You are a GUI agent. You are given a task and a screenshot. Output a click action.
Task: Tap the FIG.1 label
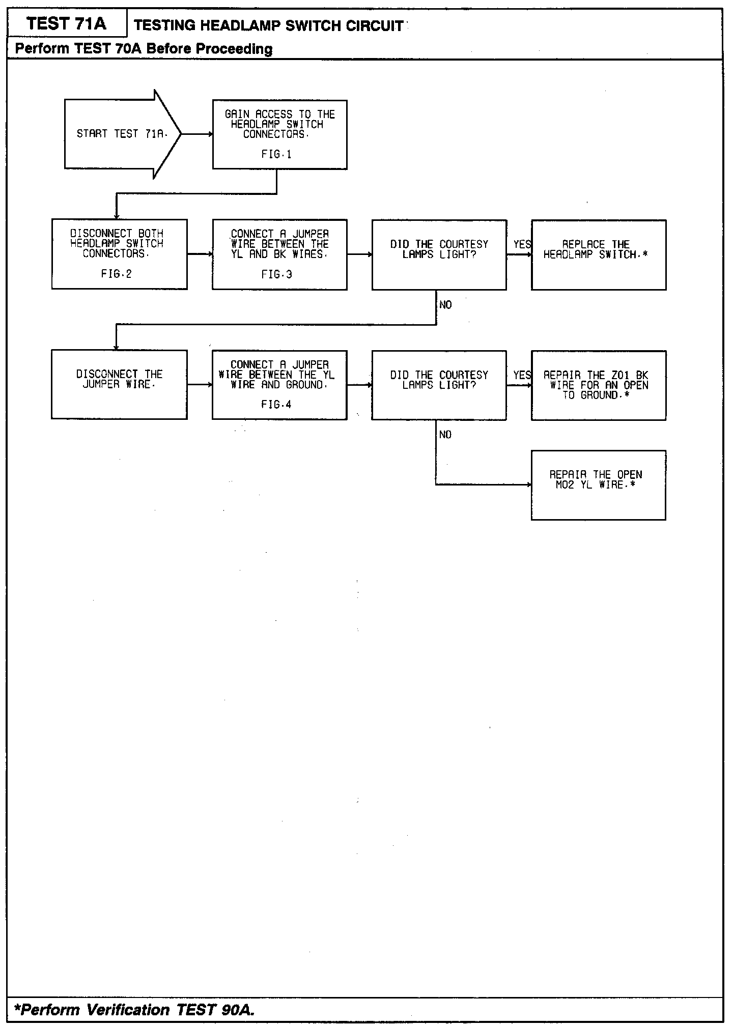coord(276,155)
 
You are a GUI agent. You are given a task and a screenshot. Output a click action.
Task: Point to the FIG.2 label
coord(116,274)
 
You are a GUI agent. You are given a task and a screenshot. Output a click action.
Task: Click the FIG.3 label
coord(276,275)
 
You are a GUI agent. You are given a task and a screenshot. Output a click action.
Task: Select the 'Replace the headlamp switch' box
coord(598,255)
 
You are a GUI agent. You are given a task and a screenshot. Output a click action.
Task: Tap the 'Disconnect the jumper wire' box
coord(119,384)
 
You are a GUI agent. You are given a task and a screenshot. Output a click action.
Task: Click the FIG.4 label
coord(276,405)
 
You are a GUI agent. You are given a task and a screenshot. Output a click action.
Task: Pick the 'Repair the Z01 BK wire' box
coord(598,385)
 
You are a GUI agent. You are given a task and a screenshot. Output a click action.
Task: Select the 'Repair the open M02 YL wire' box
coord(598,485)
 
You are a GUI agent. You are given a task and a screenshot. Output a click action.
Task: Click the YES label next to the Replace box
coord(522,245)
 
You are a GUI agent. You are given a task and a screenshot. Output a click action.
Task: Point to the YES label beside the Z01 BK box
coord(522,376)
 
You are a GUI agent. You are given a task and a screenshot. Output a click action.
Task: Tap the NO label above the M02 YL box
coord(445,435)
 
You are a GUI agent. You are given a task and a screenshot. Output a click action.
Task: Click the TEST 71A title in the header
coord(67,24)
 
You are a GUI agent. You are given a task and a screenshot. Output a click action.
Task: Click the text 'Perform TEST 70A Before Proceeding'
coord(144,49)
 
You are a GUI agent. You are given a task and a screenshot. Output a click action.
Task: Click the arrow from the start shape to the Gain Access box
coord(196,134)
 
